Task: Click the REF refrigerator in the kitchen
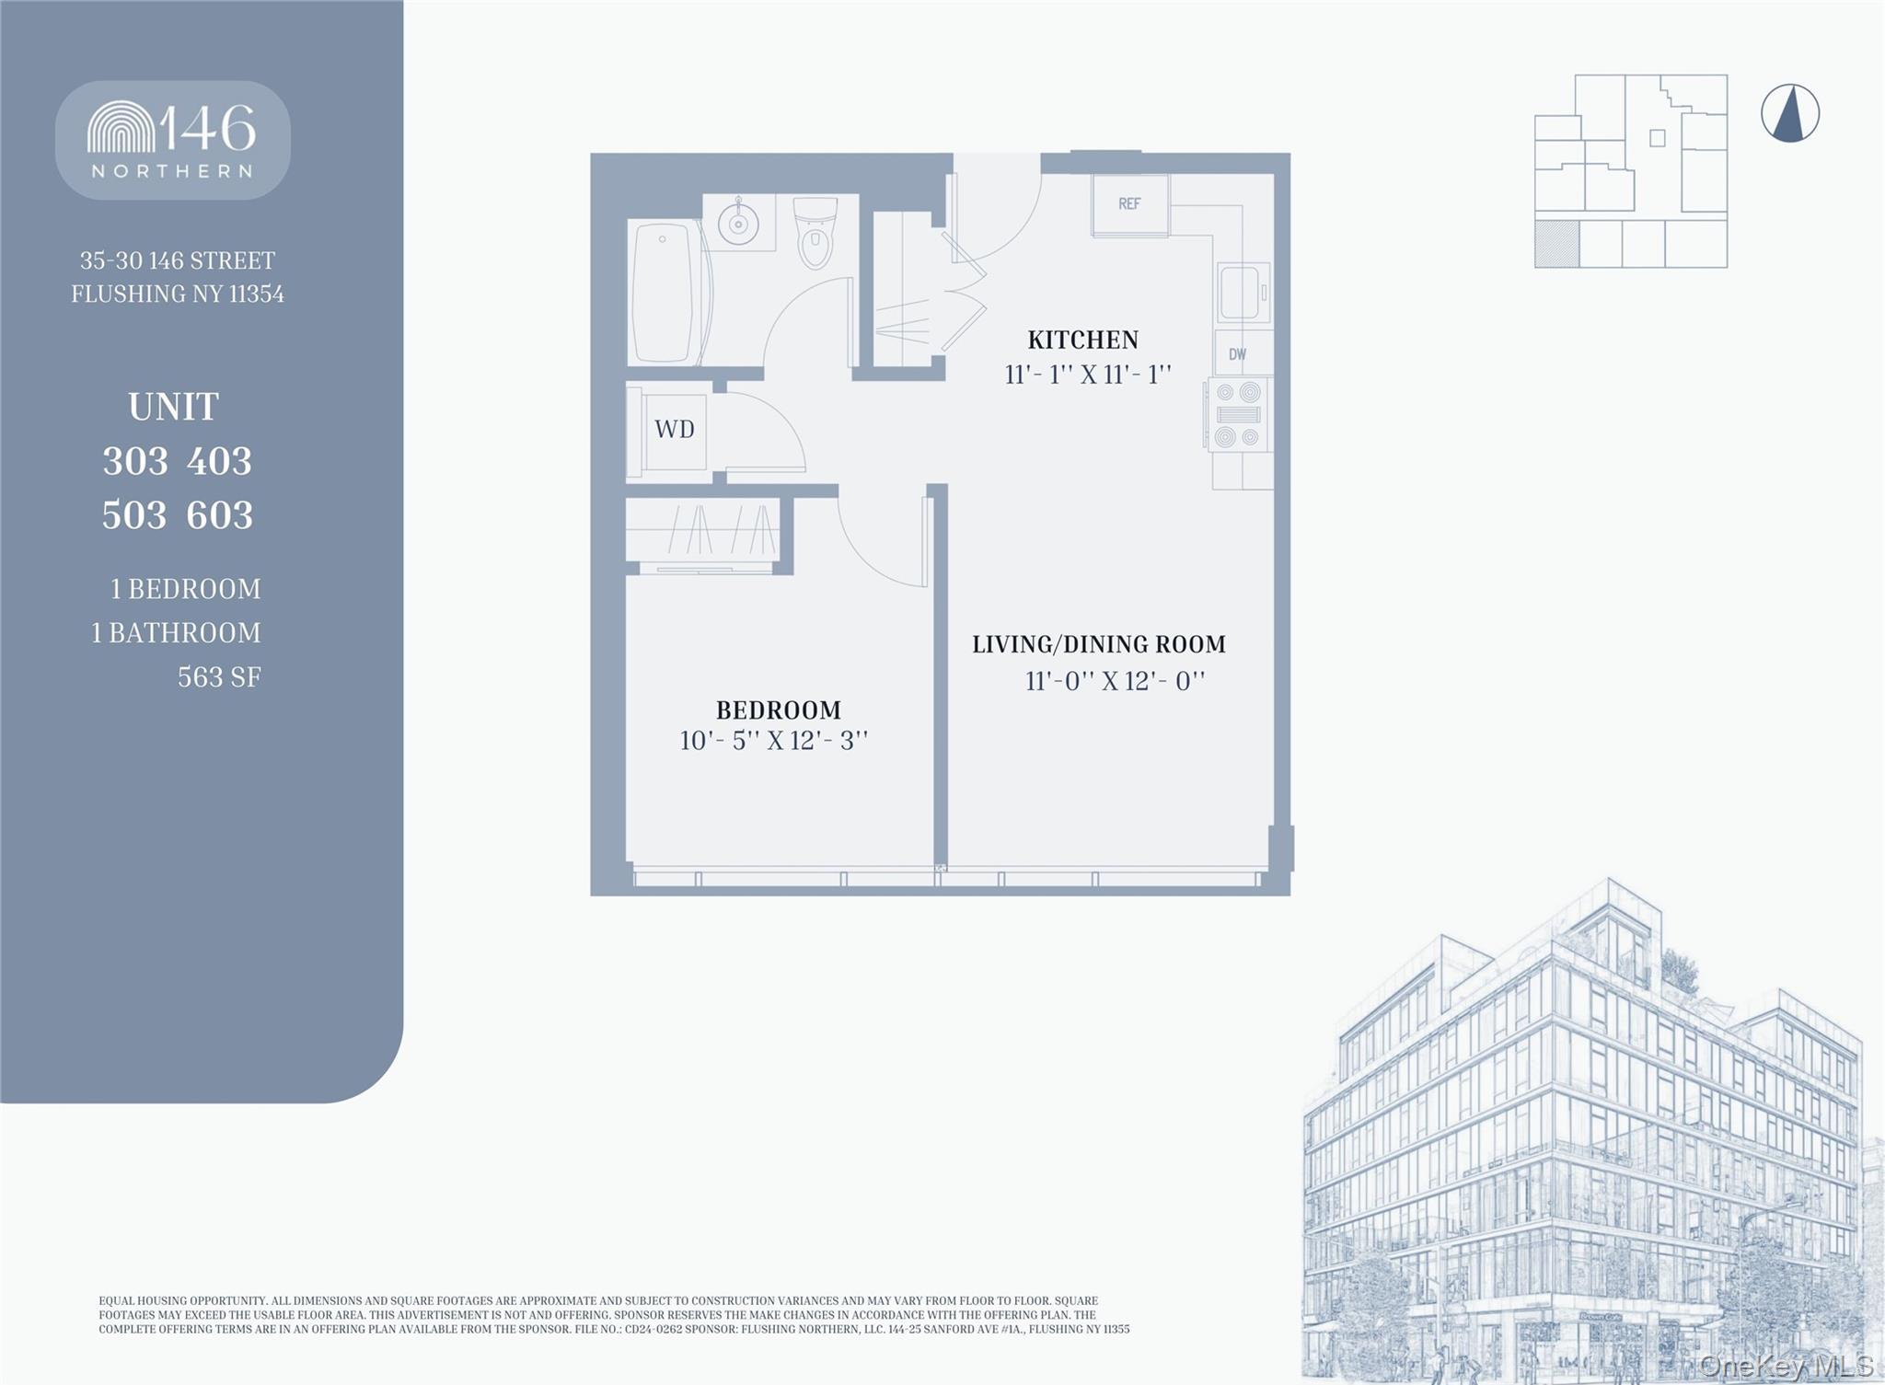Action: [1129, 204]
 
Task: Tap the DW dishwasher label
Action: [1237, 354]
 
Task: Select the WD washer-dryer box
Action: [675, 430]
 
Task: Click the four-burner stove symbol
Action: [1237, 414]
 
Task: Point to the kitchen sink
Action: [1241, 293]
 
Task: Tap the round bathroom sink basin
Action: [738, 222]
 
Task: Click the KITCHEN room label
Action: [1082, 340]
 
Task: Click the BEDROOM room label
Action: [778, 710]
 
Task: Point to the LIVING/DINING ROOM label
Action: [1099, 644]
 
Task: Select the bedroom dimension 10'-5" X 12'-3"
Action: [773, 741]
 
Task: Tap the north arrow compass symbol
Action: [1789, 114]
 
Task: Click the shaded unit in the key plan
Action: [1556, 244]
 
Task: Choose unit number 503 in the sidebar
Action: [134, 515]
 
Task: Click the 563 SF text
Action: [219, 677]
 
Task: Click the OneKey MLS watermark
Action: [1786, 1365]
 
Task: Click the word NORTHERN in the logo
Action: [172, 171]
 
